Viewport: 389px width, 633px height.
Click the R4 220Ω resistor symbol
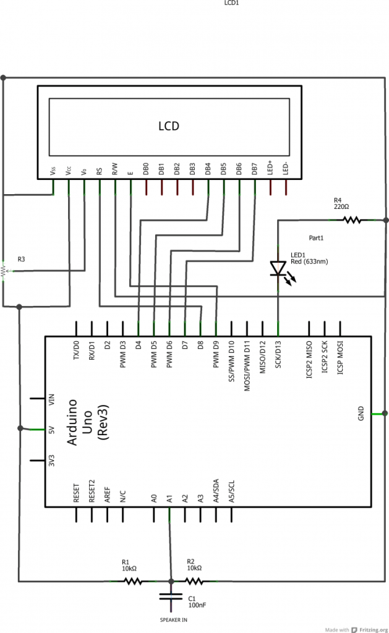(351, 219)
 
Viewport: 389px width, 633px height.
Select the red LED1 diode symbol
(278, 268)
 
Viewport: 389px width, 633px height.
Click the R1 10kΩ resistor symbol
(133, 581)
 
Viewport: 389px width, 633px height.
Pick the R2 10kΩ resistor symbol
(194, 581)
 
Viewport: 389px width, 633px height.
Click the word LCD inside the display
(169, 126)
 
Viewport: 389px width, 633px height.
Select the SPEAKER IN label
(174, 619)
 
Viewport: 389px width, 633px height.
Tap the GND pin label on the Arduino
(361, 413)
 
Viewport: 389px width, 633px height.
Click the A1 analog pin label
(169, 498)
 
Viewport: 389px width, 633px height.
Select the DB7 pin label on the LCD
(254, 169)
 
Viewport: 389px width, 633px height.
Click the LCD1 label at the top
(231, 3)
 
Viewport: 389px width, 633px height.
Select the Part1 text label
(317, 237)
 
